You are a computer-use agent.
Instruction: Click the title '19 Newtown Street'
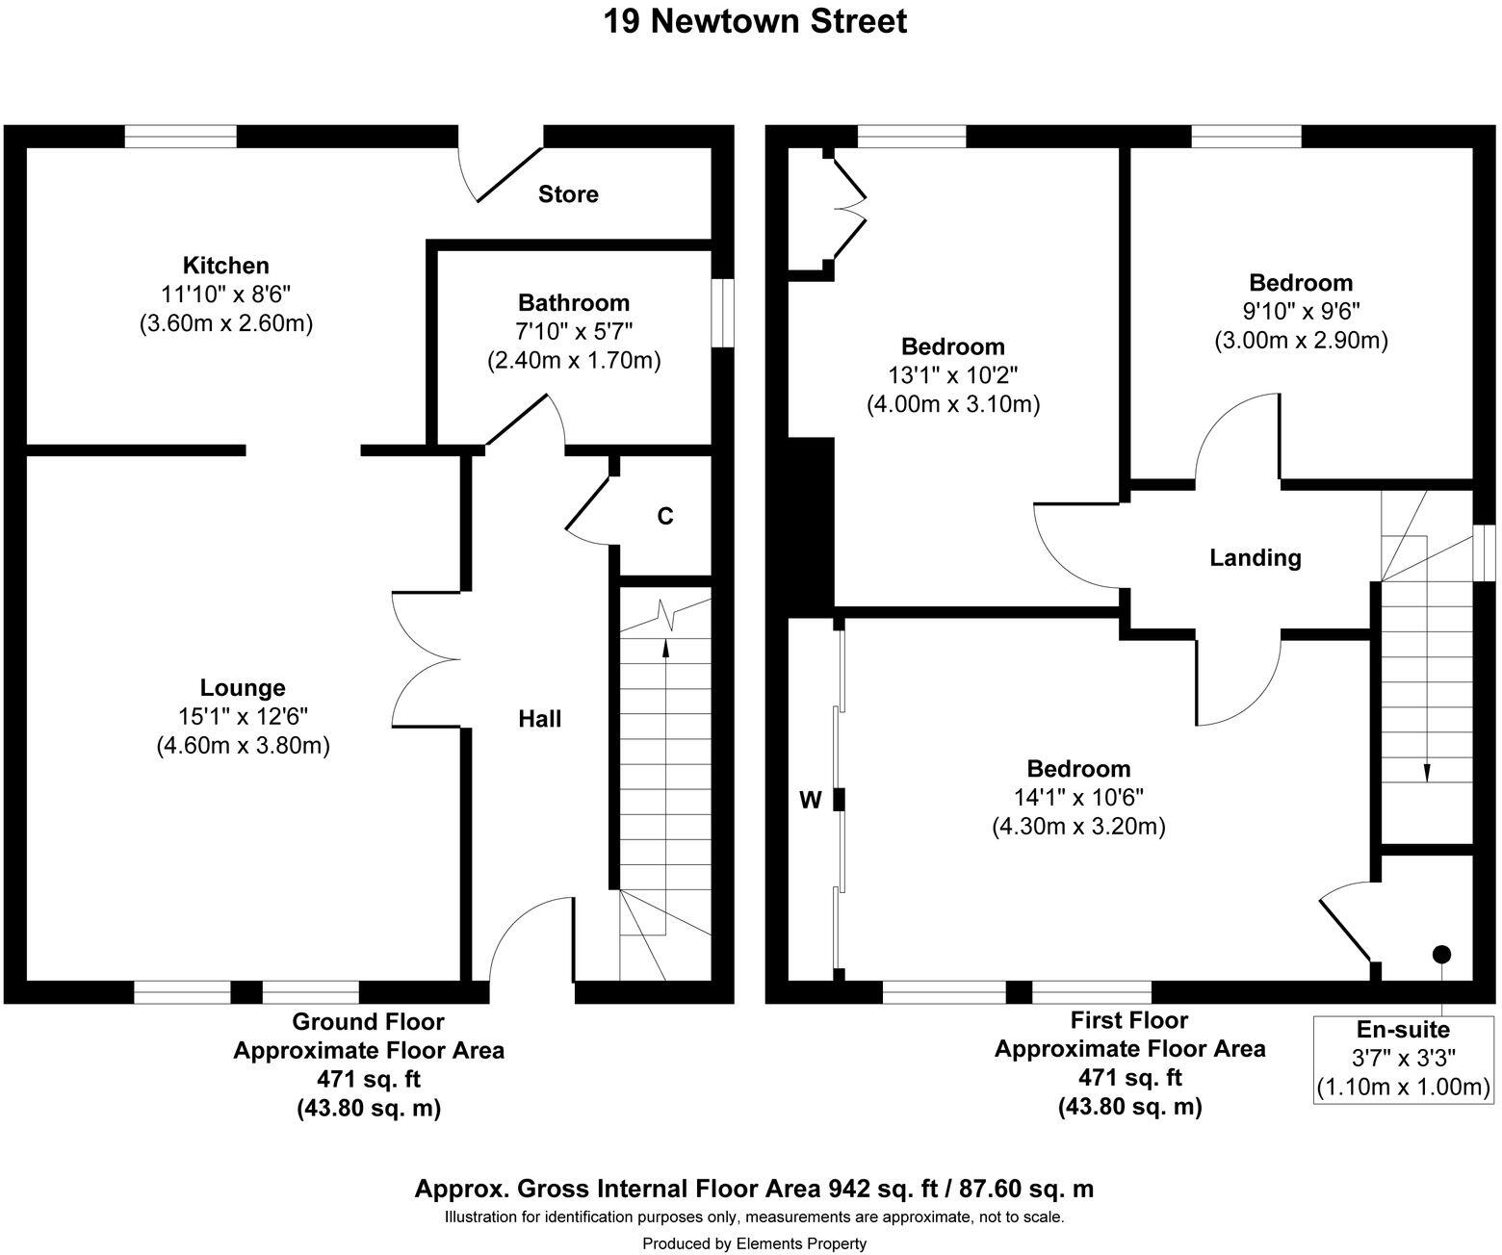coord(755,21)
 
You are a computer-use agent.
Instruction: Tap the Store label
coord(568,194)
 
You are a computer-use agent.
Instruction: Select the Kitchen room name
coord(226,266)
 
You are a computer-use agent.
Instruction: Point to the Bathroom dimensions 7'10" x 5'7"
coord(574,331)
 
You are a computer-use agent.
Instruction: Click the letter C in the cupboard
coord(665,516)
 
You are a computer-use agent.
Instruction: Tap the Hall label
coord(539,719)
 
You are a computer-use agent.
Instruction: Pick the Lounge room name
coord(243,687)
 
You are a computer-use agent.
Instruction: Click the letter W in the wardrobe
coord(811,800)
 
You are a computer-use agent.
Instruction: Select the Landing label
coord(1256,558)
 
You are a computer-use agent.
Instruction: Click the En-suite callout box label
coord(1404,1029)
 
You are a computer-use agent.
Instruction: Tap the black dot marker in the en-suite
coord(1441,955)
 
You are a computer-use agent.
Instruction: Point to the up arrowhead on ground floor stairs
coord(665,648)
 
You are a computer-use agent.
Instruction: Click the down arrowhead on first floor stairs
coord(1427,772)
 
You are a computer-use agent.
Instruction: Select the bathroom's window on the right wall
coord(723,314)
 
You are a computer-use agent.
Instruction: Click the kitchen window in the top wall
coord(181,137)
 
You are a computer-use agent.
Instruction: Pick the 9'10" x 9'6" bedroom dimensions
coord(1302,311)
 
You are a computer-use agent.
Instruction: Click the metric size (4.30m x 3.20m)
coord(1079,827)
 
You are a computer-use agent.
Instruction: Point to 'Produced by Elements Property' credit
coord(755,1243)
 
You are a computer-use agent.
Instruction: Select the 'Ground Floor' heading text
coord(369,1022)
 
